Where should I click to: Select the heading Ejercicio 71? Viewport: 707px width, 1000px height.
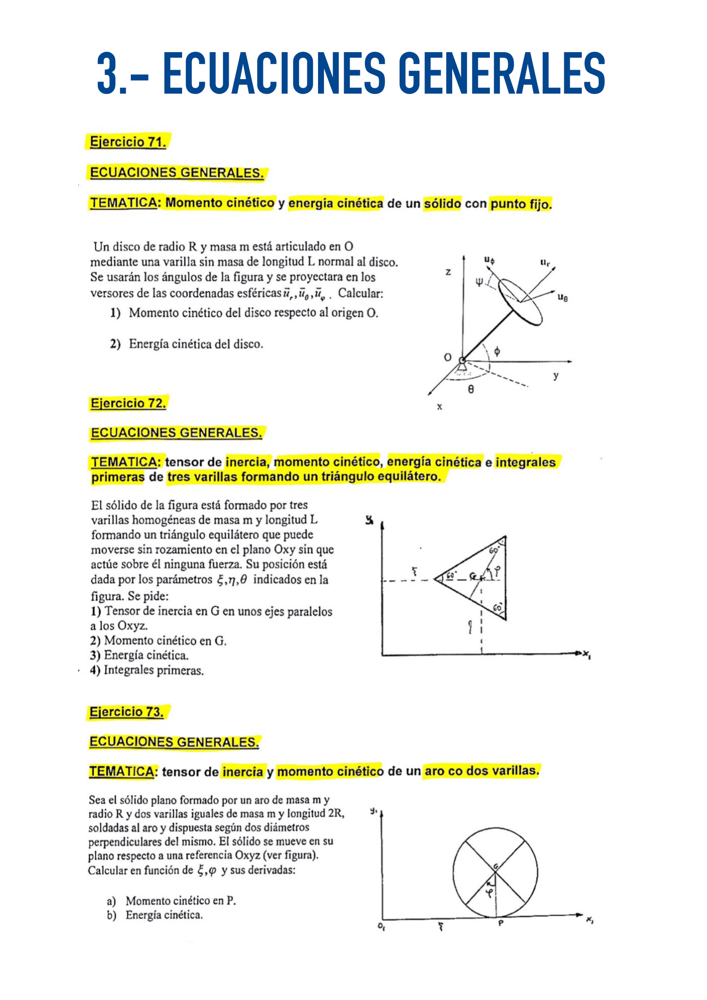click(127, 142)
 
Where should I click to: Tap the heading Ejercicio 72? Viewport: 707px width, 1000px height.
click(128, 403)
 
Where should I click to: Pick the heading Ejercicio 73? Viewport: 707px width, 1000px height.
click(126, 712)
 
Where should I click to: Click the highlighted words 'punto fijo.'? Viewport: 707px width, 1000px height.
click(521, 204)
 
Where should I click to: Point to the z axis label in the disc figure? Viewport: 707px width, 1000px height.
click(448, 272)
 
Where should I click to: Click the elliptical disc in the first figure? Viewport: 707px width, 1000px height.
click(520, 301)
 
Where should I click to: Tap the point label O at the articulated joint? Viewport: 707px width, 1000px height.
click(448, 357)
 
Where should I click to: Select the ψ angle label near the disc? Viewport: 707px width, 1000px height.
click(479, 282)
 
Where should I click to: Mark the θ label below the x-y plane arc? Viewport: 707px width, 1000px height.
click(471, 389)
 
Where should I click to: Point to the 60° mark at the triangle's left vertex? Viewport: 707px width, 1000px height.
click(451, 575)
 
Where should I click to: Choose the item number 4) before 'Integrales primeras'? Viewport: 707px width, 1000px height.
click(95, 670)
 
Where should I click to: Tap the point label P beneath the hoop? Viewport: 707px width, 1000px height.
click(501, 923)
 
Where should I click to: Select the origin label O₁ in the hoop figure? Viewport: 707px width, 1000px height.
click(381, 926)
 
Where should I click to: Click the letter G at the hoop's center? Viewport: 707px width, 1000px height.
click(495, 866)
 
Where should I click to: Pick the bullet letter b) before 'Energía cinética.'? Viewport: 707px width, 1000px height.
click(112, 915)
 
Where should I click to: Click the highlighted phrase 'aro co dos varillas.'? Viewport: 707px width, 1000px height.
click(481, 771)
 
